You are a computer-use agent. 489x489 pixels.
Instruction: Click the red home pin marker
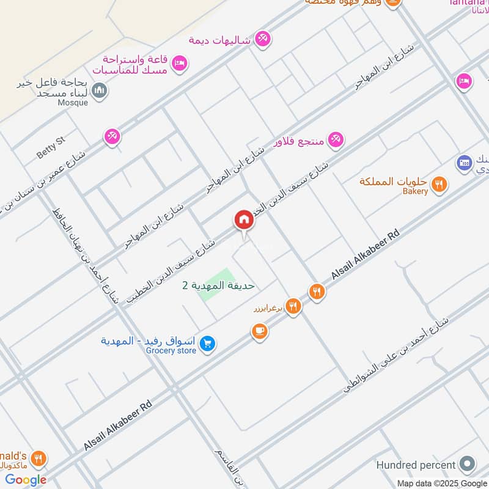(244, 220)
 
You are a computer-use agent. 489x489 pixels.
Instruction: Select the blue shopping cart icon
(208, 345)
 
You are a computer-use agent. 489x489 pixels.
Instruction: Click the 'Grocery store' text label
(171, 351)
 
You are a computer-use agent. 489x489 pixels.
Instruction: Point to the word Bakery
(415, 191)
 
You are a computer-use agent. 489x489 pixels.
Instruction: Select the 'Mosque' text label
(73, 103)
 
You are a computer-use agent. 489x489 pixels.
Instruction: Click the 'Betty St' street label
(51, 147)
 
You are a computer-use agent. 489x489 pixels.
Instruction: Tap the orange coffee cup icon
(259, 331)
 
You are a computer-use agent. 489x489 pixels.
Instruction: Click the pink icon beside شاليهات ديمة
(263, 38)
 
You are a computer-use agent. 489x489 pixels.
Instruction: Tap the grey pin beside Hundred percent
(468, 463)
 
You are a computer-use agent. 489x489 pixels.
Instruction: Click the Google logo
(26, 479)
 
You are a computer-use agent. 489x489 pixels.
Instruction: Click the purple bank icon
(465, 163)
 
